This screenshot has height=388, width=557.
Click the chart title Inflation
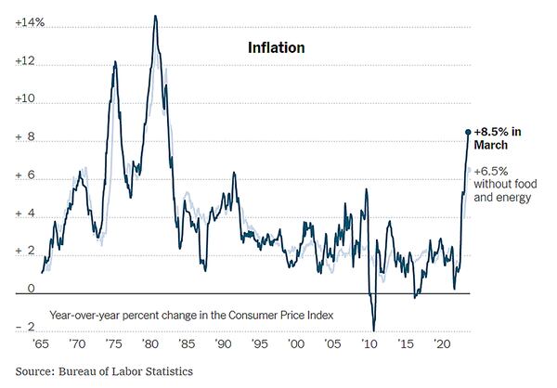pyautogui.click(x=276, y=46)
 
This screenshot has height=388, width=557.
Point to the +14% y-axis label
pyautogui.click(x=31, y=23)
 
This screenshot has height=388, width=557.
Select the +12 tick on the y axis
pyautogui.click(x=25, y=62)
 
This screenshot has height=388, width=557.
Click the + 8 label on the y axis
pyautogui.click(x=25, y=138)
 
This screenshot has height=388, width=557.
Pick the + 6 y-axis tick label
pyautogui.click(x=25, y=176)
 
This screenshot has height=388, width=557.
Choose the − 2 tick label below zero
pyautogui.click(x=25, y=327)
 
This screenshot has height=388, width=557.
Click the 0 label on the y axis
pyautogui.click(x=31, y=289)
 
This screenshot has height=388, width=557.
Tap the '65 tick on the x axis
pyautogui.click(x=41, y=343)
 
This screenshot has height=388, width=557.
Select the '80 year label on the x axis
pyautogui.click(x=150, y=343)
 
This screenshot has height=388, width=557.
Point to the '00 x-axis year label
pyautogui.click(x=295, y=343)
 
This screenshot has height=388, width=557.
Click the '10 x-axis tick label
pyautogui.click(x=369, y=343)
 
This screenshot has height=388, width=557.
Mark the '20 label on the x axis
pyautogui.click(x=441, y=343)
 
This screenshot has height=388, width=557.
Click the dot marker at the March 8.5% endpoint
pyautogui.click(x=468, y=132)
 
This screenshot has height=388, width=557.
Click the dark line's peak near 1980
pyautogui.click(x=154, y=16)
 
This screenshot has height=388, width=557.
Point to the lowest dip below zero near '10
pyautogui.click(x=374, y=330)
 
